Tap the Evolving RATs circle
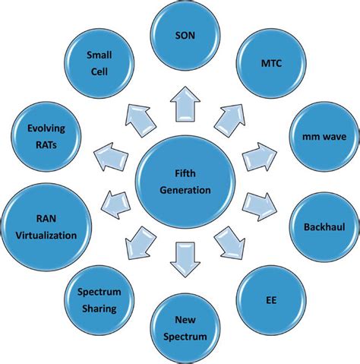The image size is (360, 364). pyautogui.click(x=47, y=138)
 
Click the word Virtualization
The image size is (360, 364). pyautogui.click(x=47, y=235)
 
